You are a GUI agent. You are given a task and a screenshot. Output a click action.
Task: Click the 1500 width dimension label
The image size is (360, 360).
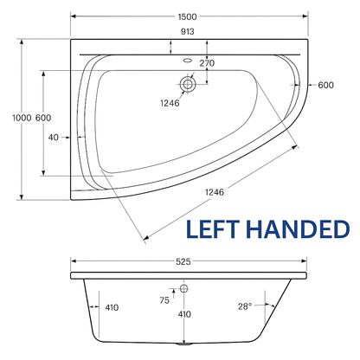[x=187, y=16]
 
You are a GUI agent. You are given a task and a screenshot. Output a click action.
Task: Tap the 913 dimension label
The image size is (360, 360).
[x=188, y=31]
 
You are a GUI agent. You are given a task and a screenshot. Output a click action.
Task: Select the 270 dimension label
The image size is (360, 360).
[x=207, y=63]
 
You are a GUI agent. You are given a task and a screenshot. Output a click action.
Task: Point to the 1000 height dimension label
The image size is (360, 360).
[x=22, y=118]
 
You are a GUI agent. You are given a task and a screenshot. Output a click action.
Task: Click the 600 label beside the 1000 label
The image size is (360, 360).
[x=43, y=118]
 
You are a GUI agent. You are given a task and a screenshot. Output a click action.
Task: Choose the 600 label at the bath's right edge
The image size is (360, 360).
[x=325, y=85]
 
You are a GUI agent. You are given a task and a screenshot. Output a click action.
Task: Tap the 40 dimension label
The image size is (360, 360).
[x=54, y=138]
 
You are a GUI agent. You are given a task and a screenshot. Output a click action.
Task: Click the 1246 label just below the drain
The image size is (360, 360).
[x=170, y=103]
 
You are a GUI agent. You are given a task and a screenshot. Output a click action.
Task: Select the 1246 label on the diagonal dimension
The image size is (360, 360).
[x=215, y=192]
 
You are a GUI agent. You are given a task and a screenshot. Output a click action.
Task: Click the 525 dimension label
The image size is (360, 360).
[x=183, y=261]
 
